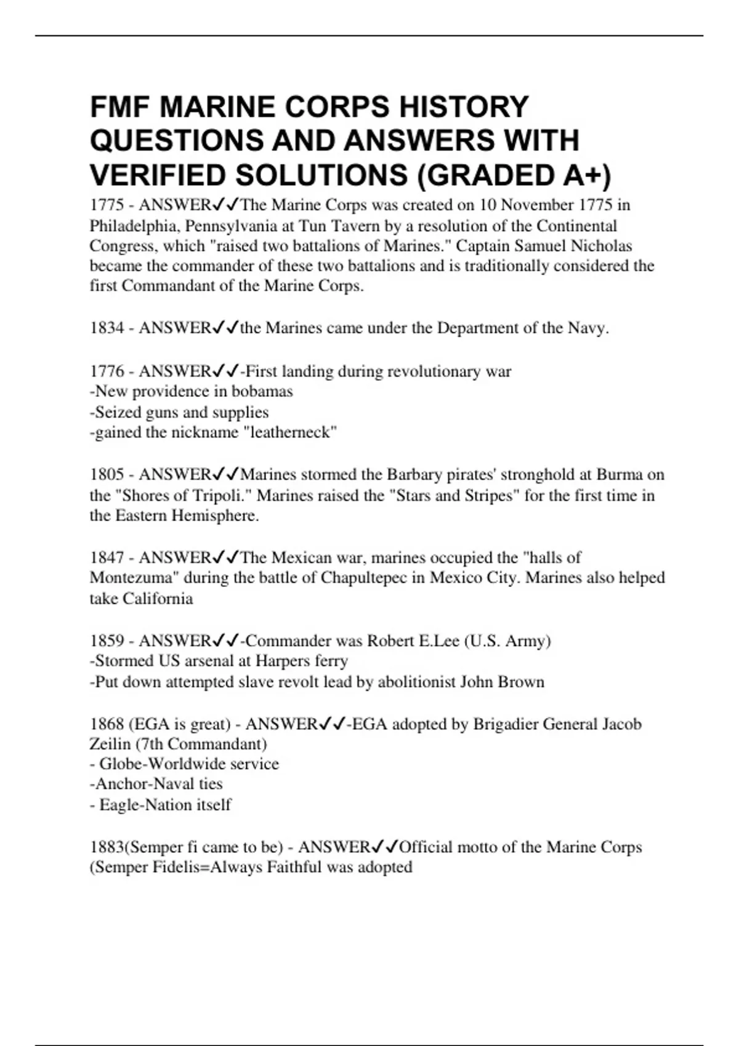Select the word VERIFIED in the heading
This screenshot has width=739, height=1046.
(157, 175)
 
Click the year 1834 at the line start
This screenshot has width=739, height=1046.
(107, 328)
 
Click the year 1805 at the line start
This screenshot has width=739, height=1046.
(107, 474)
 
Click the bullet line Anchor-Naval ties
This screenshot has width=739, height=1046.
(156, 783)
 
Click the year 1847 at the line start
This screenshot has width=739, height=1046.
(107, 557)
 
